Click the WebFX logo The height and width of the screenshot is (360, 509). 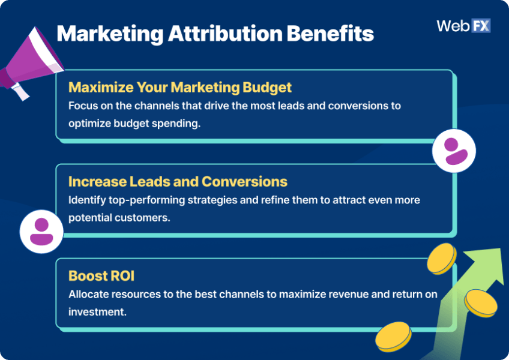tap(463, 26)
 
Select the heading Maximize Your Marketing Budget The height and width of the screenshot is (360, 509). tap(180, 88)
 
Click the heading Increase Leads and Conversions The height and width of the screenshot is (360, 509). tap(178, 181)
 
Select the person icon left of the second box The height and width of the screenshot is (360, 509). tap(41, 232)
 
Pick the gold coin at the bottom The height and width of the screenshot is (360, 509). tap(393, 336)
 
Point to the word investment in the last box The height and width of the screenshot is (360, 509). tap(96, 312)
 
